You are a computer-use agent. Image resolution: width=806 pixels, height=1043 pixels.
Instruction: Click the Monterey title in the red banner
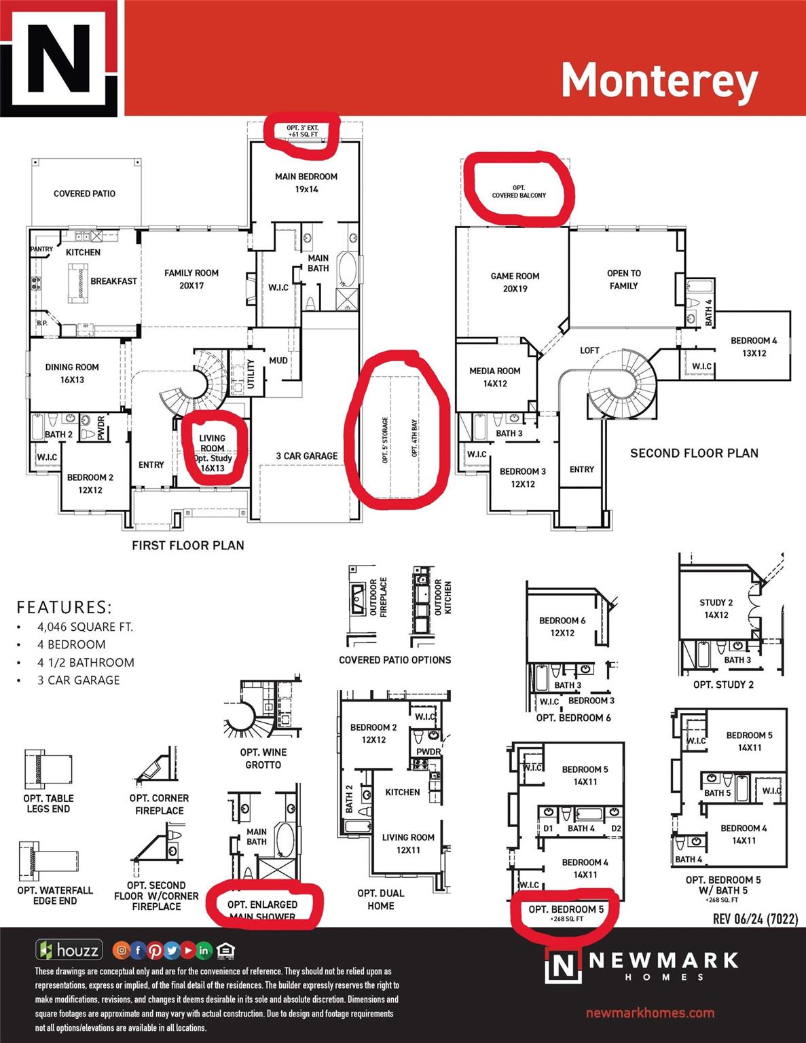tap(659, 81)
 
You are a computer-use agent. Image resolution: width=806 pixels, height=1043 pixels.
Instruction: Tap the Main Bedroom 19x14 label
tap(306, 183)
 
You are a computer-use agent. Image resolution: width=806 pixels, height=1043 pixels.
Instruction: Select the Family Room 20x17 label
tap(191, 279)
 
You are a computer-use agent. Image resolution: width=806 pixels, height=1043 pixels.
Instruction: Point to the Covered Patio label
tap(84, 194)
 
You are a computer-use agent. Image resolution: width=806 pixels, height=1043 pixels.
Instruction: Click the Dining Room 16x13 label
tap(72, 373)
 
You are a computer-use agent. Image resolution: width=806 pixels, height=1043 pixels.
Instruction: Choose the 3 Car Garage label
tap(306, 456)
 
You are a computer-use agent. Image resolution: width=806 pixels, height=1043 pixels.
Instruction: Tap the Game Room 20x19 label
tap(515, 282)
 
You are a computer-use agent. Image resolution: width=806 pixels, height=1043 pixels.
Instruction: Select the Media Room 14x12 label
tap(495, 377)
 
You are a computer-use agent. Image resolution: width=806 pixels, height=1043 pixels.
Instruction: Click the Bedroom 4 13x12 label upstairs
tap(754, 346)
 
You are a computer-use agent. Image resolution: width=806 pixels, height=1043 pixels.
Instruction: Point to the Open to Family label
tap(623, 279)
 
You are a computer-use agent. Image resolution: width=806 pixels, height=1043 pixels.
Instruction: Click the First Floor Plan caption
tap(188, 545)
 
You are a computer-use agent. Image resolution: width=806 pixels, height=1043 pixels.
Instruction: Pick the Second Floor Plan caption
tap(694, 453)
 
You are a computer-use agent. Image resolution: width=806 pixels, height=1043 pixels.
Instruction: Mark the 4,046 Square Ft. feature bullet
tap(85, 627)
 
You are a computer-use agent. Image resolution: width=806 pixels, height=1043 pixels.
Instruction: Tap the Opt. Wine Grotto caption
tap(263, 758)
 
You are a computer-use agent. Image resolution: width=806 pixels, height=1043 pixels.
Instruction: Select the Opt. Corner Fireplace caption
tap(159, 804)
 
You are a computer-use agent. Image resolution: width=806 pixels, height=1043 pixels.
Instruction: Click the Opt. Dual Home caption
tap(380, 899)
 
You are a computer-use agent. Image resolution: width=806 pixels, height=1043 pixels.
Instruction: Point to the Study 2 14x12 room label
tap(716, 608)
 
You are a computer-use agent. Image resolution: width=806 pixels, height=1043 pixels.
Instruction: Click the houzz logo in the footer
tap(69, 950)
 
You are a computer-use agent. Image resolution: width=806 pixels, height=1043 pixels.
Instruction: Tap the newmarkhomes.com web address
tap(650, 1012)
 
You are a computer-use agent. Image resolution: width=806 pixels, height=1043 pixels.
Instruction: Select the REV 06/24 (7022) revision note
tap(755, 919)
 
